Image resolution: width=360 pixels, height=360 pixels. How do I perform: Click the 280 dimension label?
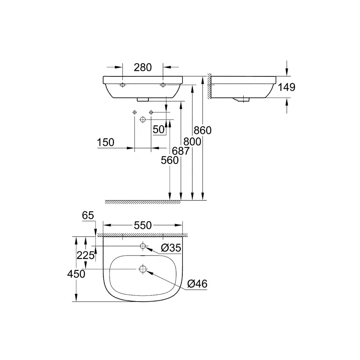click(143, 67)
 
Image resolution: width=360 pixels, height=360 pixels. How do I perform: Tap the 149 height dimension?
click(287, 87)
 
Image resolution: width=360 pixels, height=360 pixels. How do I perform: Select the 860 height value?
click(202, 130)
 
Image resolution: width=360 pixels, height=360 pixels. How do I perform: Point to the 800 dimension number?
click(191, 141)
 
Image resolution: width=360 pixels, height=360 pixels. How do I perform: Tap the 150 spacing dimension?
click(106, 142)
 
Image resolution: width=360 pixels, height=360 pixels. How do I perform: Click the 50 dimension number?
click(159, 130)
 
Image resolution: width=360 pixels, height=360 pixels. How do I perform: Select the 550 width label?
click(143, 226)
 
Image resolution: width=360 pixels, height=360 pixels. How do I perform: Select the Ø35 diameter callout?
click(171, 248)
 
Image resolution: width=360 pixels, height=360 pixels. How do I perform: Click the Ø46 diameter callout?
click(197, 284)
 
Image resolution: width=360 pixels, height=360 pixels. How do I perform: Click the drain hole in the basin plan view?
click(143, 269)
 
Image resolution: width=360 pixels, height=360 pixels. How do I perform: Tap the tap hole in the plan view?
click(143, 246)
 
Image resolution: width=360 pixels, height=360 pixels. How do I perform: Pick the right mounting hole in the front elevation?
click(163, 85)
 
